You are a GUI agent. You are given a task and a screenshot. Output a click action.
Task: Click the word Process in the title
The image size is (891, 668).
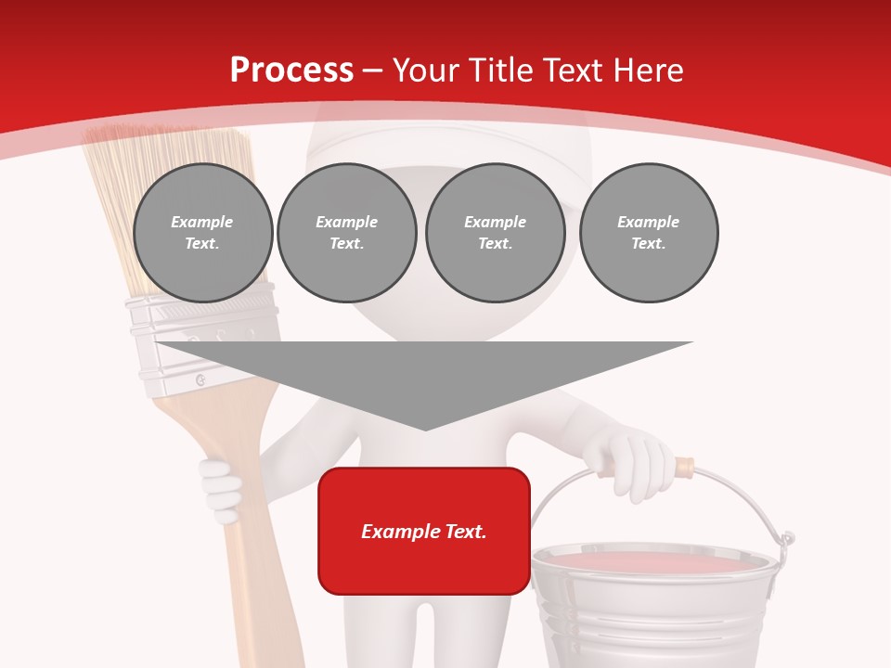pos(291,71)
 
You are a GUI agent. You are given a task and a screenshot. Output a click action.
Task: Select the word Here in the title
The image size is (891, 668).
pos(650,71)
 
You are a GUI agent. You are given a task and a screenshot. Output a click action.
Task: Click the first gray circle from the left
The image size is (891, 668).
pos(202,233)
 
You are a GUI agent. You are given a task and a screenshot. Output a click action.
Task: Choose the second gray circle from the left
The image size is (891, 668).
pos(346,233)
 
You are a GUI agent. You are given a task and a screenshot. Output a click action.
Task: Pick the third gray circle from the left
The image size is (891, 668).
pos(495,233)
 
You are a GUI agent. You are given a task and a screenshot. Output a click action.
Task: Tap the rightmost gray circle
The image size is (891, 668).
pos(648,233)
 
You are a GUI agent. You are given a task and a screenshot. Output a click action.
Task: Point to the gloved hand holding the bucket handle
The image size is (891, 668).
pos(639,462)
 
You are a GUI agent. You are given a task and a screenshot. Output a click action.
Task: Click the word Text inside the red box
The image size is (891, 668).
pos(465,532)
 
